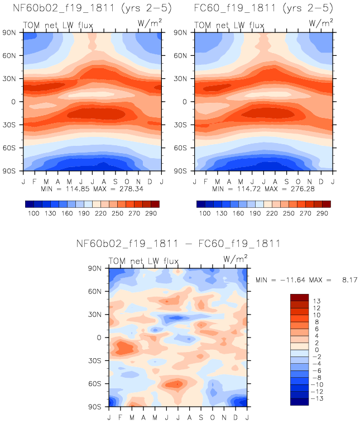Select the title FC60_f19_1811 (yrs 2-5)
click(263, 8)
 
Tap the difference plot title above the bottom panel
click(178, 244)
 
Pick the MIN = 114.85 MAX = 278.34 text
click(92, 189)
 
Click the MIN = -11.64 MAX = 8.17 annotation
click(306, 278)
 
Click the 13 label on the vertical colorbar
click(316, 301)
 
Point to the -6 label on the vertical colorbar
click(316, 370)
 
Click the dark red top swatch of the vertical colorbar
click(300, 297)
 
